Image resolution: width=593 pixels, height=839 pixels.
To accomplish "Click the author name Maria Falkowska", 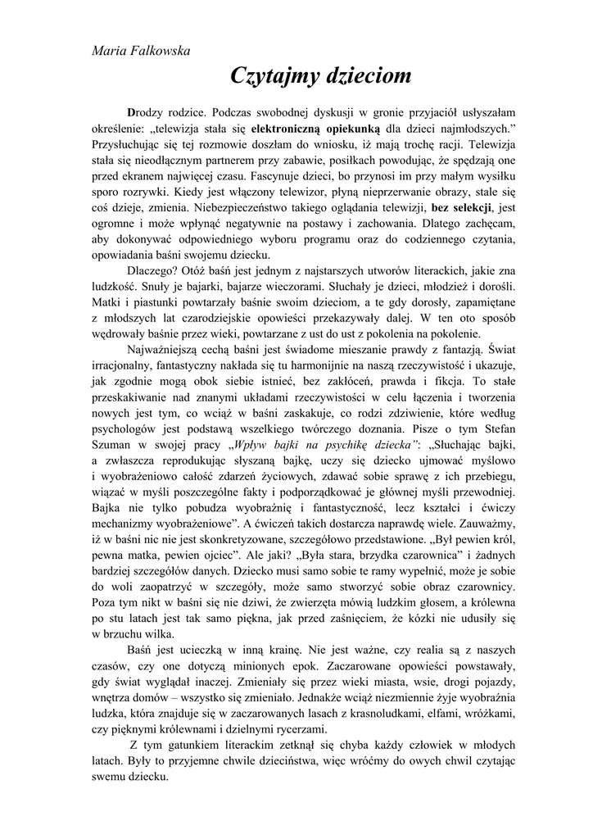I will [140, 51].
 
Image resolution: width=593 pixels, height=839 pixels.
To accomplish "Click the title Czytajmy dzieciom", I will [320, 78].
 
